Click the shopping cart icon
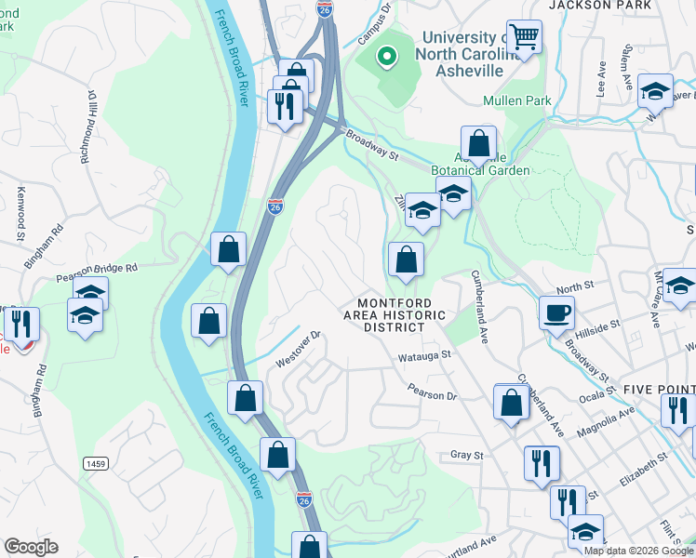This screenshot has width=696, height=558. (x=525, y=38)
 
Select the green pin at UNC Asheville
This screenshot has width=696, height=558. (x=385, y=57)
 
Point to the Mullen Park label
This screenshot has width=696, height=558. (x=517, y=100)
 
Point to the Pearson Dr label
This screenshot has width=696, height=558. (x=433, y=395)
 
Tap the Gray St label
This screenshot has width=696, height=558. (x=468, y=455)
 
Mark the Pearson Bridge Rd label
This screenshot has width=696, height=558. (x=96, y=270)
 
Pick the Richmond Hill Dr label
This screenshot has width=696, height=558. (x=89, y=127)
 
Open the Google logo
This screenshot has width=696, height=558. (x=31, y=547)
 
